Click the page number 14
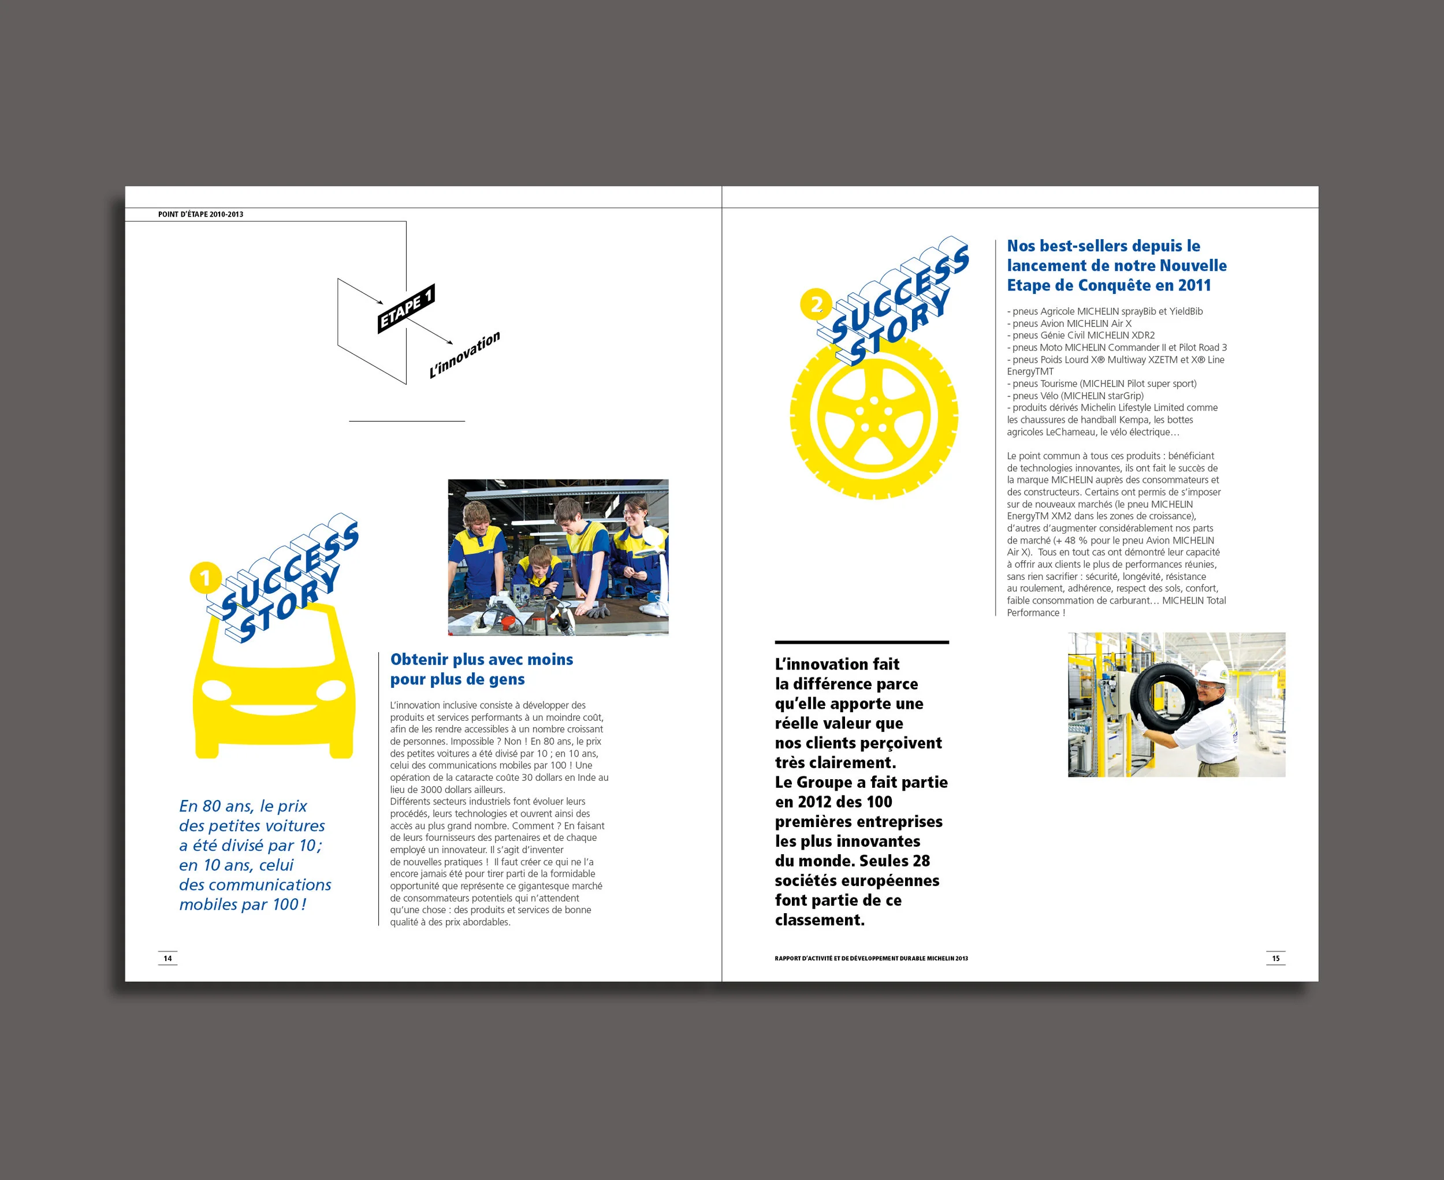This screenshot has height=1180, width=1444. [x=168, y=958]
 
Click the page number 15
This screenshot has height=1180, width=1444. [x=1275, y=958]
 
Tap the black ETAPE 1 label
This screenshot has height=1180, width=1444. [x=406, y=308]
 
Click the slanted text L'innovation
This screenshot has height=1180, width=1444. [x=464, y=355]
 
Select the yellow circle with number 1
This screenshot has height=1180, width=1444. [x=205, y=578]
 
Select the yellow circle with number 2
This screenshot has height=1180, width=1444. [x=816, y=304]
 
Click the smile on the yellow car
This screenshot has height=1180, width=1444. [x=274, y=710]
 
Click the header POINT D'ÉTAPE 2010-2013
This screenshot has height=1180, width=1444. [x=200, y=214]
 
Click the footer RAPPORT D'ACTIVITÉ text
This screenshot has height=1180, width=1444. [x=871, y=958]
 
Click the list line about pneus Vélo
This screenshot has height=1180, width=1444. [x=1075, y=396]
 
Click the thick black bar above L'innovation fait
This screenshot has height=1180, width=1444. [x=861, y=642]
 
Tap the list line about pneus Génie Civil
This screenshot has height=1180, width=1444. [x=1081, y=335]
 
